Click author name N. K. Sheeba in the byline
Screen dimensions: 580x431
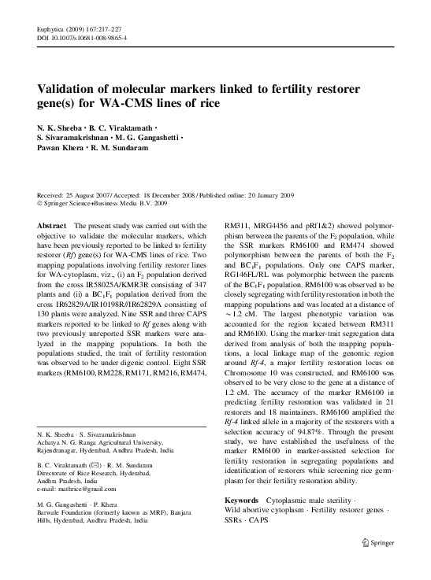click(x=61, y=128)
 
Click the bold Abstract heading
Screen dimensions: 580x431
click(x=52, y=226)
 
